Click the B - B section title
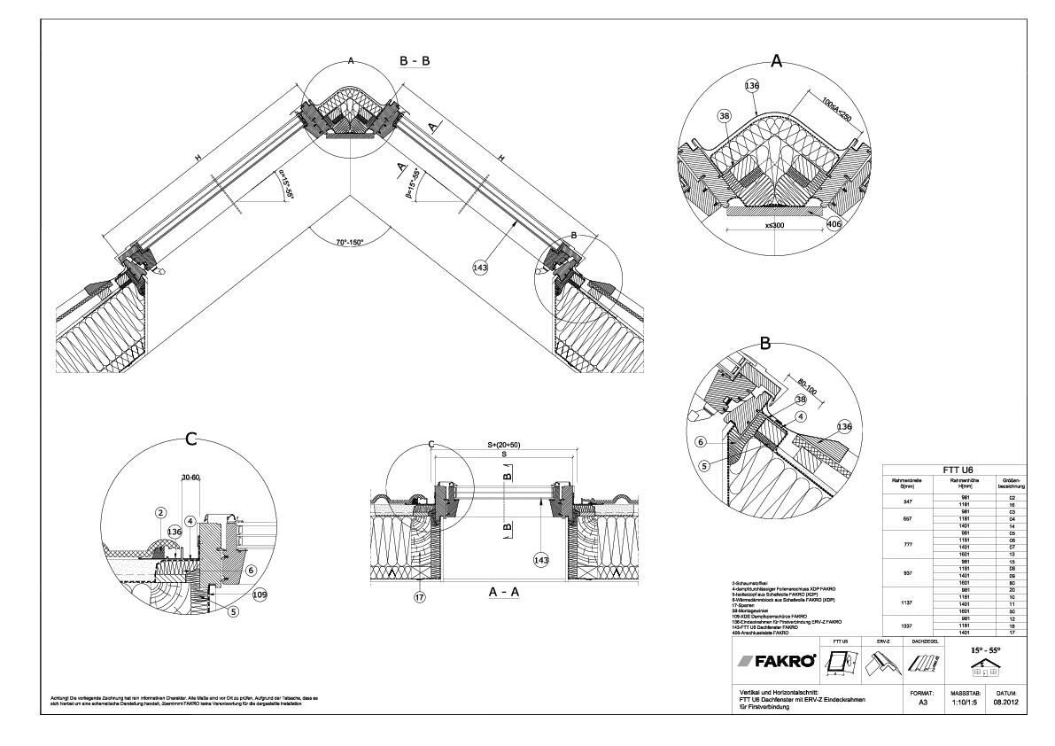(415, 62)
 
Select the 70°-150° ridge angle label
(350, 240)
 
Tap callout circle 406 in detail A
(833, 223)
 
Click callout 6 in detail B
(700, 441)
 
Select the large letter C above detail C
(190, 439)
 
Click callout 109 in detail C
(260, 594)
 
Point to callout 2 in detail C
(161, 513)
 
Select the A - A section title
(503, 594)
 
